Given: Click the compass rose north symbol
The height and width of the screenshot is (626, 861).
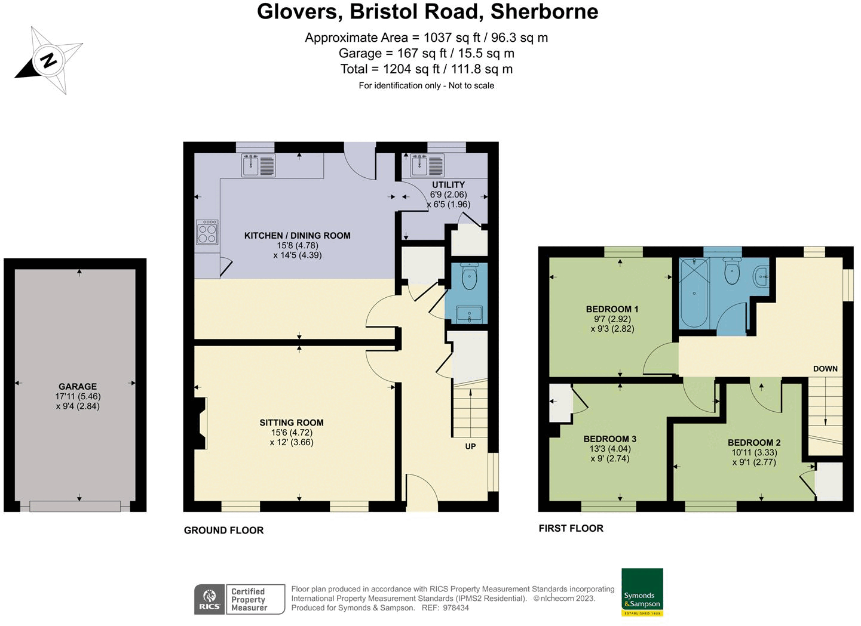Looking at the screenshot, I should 48,60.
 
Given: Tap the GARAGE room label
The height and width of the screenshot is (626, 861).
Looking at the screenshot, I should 78,387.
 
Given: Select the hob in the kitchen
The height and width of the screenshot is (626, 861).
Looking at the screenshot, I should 207,232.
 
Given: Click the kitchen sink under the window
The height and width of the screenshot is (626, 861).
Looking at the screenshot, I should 259,165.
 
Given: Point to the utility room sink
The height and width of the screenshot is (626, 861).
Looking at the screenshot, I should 428,165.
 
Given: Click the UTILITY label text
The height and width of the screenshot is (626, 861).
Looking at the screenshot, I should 448,185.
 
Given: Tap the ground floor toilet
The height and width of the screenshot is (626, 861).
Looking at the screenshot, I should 470,277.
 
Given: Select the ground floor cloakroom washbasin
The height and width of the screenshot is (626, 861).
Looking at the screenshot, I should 470,314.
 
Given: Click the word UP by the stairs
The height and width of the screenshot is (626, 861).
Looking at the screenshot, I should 470,446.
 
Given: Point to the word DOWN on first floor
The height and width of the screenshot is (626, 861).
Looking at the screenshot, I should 825,369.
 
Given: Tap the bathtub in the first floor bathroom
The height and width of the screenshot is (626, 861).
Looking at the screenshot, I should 694,292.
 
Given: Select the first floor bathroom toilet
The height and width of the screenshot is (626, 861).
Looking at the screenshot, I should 732,273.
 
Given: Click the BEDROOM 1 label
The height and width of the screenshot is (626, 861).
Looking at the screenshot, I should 612,309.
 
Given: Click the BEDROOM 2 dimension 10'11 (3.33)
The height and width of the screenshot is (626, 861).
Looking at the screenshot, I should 754,452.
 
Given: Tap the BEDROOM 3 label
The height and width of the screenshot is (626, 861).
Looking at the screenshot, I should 609,439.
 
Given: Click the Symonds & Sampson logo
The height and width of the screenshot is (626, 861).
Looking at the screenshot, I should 642,592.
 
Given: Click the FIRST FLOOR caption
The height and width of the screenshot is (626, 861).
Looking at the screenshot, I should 571,528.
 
